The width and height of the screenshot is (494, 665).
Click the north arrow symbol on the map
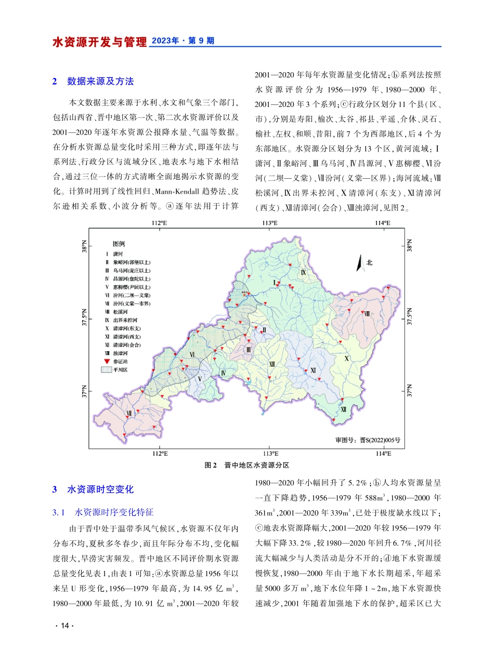[359, 263]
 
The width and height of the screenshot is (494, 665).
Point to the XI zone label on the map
[313, 370]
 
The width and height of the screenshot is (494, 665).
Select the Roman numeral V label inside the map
[199, 378]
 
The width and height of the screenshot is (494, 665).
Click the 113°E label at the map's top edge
[270, 222]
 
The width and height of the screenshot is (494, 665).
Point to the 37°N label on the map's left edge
[84, 390]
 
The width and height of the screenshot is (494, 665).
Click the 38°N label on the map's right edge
[410, 246]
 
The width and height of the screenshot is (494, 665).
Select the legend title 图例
[120, 243]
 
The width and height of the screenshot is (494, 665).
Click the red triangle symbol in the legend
[107, 361]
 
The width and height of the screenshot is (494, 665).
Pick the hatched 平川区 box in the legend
[107, 369]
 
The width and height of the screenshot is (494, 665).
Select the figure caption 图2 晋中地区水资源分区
[246, 465]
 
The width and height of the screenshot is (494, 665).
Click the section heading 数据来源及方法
[100, 81]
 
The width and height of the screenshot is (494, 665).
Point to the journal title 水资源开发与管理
[99, 42]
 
